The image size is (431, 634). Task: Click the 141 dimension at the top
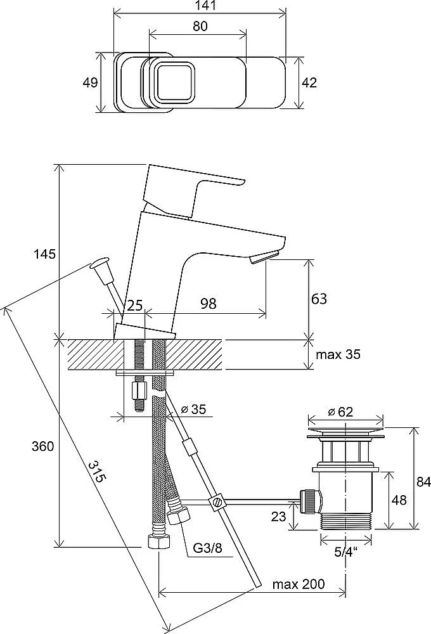199,6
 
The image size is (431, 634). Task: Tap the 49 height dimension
91,82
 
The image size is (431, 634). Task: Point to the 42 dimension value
309,82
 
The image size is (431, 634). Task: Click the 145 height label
45,254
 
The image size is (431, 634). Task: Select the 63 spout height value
319,298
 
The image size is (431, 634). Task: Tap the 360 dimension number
44,446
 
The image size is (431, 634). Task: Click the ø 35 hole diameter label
193,410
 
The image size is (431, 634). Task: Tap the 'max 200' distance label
299,584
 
